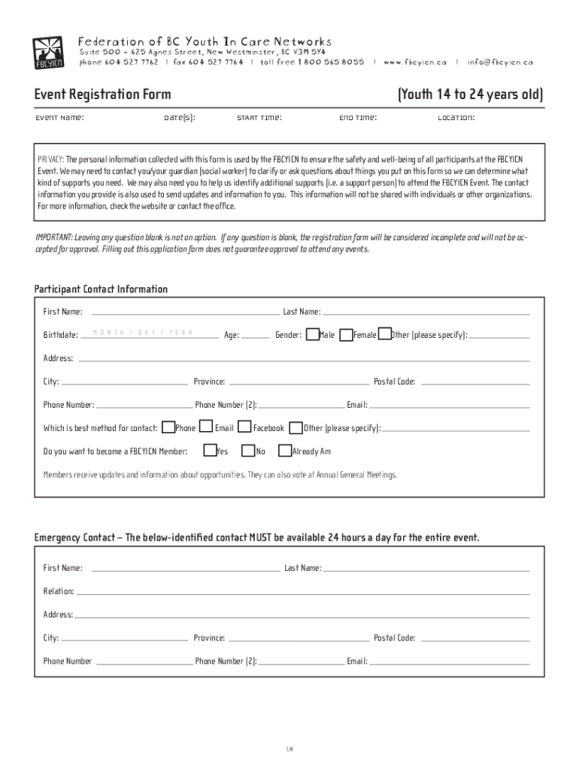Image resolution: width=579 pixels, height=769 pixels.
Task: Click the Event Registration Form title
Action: (x=102, y=95)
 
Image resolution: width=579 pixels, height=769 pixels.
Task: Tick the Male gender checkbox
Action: (x=312, y=334)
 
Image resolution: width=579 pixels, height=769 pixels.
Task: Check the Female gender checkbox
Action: (x=346, y=334)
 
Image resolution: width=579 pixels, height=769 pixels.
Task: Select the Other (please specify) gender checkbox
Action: (x=383, y=334)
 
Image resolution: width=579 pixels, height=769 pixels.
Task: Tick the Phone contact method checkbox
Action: (x=168, y=427)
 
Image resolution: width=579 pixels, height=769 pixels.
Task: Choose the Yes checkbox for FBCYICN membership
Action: (x=210, y=451)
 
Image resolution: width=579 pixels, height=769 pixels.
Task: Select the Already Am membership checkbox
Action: (x=285, y=451)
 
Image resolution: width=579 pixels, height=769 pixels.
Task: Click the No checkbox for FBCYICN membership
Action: (x=248, y=451)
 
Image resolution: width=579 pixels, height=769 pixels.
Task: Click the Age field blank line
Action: (x=256, y=336)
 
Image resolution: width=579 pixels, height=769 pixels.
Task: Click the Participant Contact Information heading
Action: (x=101, y=289)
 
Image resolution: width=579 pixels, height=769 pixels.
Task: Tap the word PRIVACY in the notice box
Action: (x=51, y=160)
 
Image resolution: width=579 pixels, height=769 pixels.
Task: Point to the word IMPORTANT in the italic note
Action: (x=54, y=237)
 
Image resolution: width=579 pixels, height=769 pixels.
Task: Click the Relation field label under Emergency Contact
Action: (x=58, y=591)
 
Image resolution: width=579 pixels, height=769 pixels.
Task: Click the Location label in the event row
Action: (x=456, y=118)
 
